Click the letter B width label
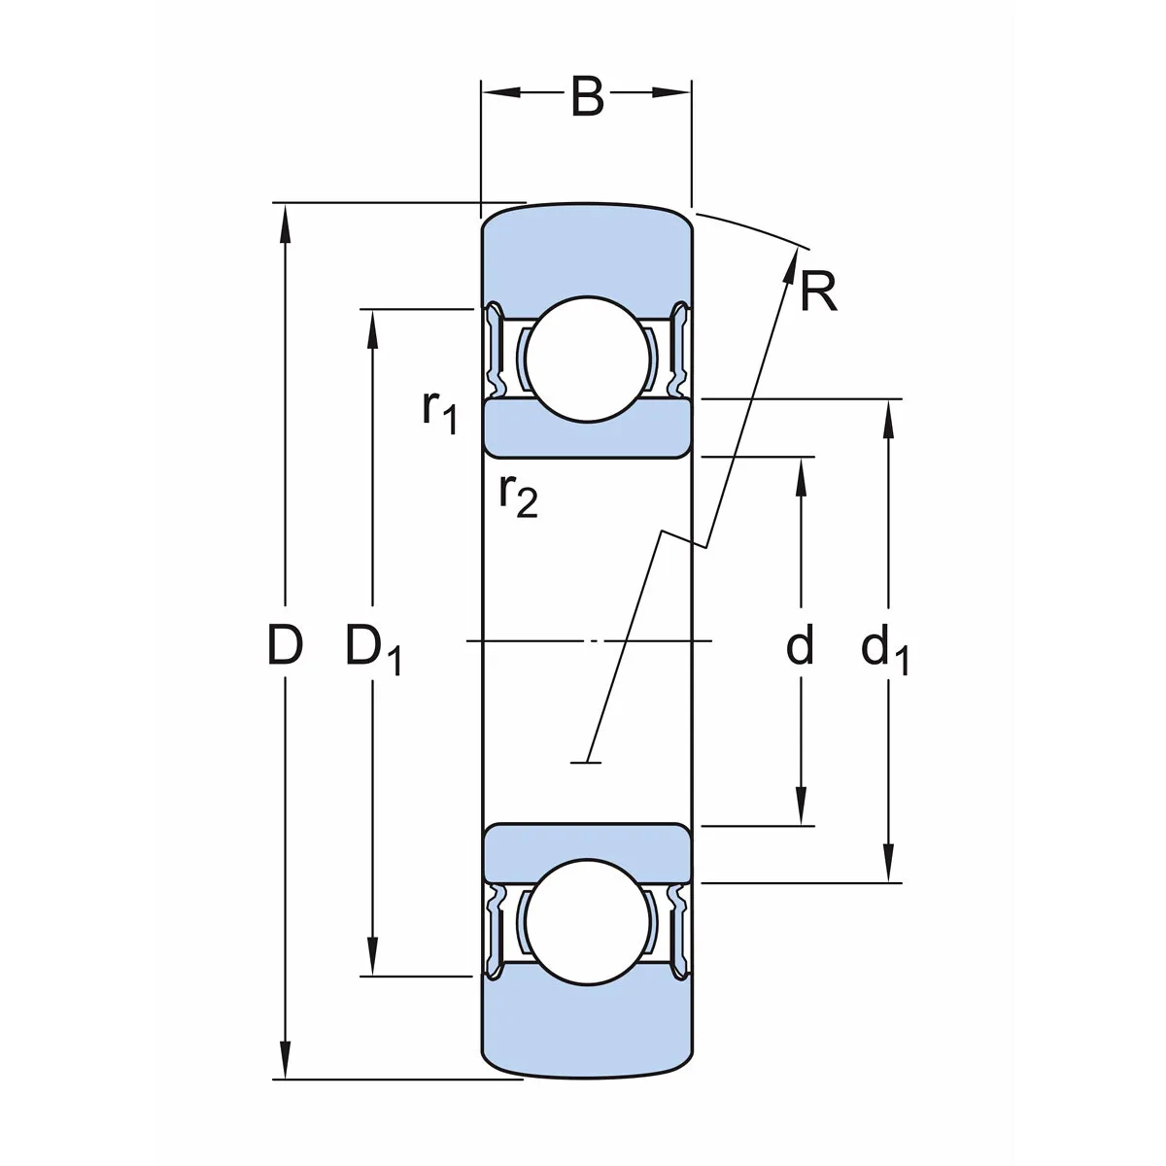coord(587,97)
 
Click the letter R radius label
coord(818,291)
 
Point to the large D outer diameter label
coord(285,646)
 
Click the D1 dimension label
coord(373,649)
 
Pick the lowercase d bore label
coord(799,646)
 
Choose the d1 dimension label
coord(885,649)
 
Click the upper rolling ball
coord(586,360)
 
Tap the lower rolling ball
coord(586,922)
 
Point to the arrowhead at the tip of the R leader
coord(791,260)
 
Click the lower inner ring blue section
coord(586,841)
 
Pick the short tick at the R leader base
coord(585,763)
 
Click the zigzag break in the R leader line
coord(686,540)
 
